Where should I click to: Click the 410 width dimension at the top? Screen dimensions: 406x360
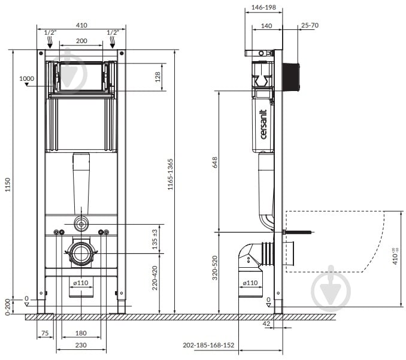(81, 25)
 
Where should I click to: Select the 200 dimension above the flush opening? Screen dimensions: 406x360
(81, 41)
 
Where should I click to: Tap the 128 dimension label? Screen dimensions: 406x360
(157, 77)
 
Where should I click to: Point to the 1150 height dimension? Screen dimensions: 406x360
(8, 184)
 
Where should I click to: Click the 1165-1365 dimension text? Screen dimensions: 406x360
(170, 174)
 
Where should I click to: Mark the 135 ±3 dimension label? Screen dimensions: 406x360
(154, 240)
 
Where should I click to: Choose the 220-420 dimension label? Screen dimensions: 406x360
(154, 278)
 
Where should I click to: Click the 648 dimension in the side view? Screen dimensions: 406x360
(215, 162)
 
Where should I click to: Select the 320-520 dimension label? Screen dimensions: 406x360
(215, 268)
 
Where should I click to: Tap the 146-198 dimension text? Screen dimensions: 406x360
(263, 7)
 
